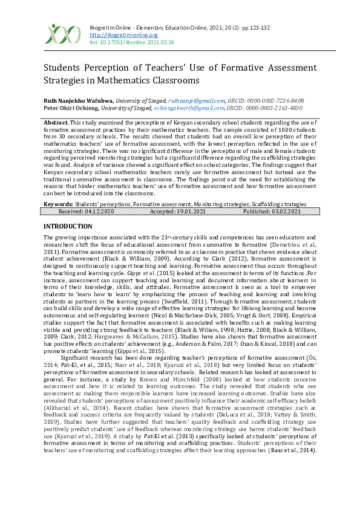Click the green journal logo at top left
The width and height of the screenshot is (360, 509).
point(63,34)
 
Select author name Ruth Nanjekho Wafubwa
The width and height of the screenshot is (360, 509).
point(77,100)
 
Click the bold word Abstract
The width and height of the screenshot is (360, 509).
point(56,123)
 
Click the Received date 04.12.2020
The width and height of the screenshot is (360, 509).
point(97,212)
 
